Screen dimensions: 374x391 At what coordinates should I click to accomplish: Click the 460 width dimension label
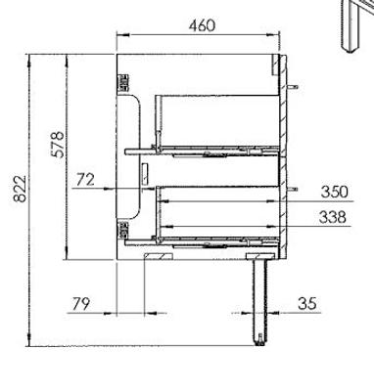coord(203,25)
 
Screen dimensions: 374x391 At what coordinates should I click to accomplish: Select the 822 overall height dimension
coord(20,189)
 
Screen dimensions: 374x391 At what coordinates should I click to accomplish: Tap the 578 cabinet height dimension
coord(58,145)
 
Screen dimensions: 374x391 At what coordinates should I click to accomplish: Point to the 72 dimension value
coord(85,180)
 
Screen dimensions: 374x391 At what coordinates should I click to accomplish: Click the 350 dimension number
coord(335,192)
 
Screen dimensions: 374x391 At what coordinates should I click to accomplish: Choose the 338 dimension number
coord(332,217)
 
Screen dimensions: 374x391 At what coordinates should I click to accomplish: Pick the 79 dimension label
coord(80,304)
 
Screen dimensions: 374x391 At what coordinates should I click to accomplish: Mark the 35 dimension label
coord(307,304)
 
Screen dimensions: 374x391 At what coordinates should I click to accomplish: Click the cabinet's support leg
coord(260,300)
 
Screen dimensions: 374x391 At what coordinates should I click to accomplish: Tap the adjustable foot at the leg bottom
coord(260,339)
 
